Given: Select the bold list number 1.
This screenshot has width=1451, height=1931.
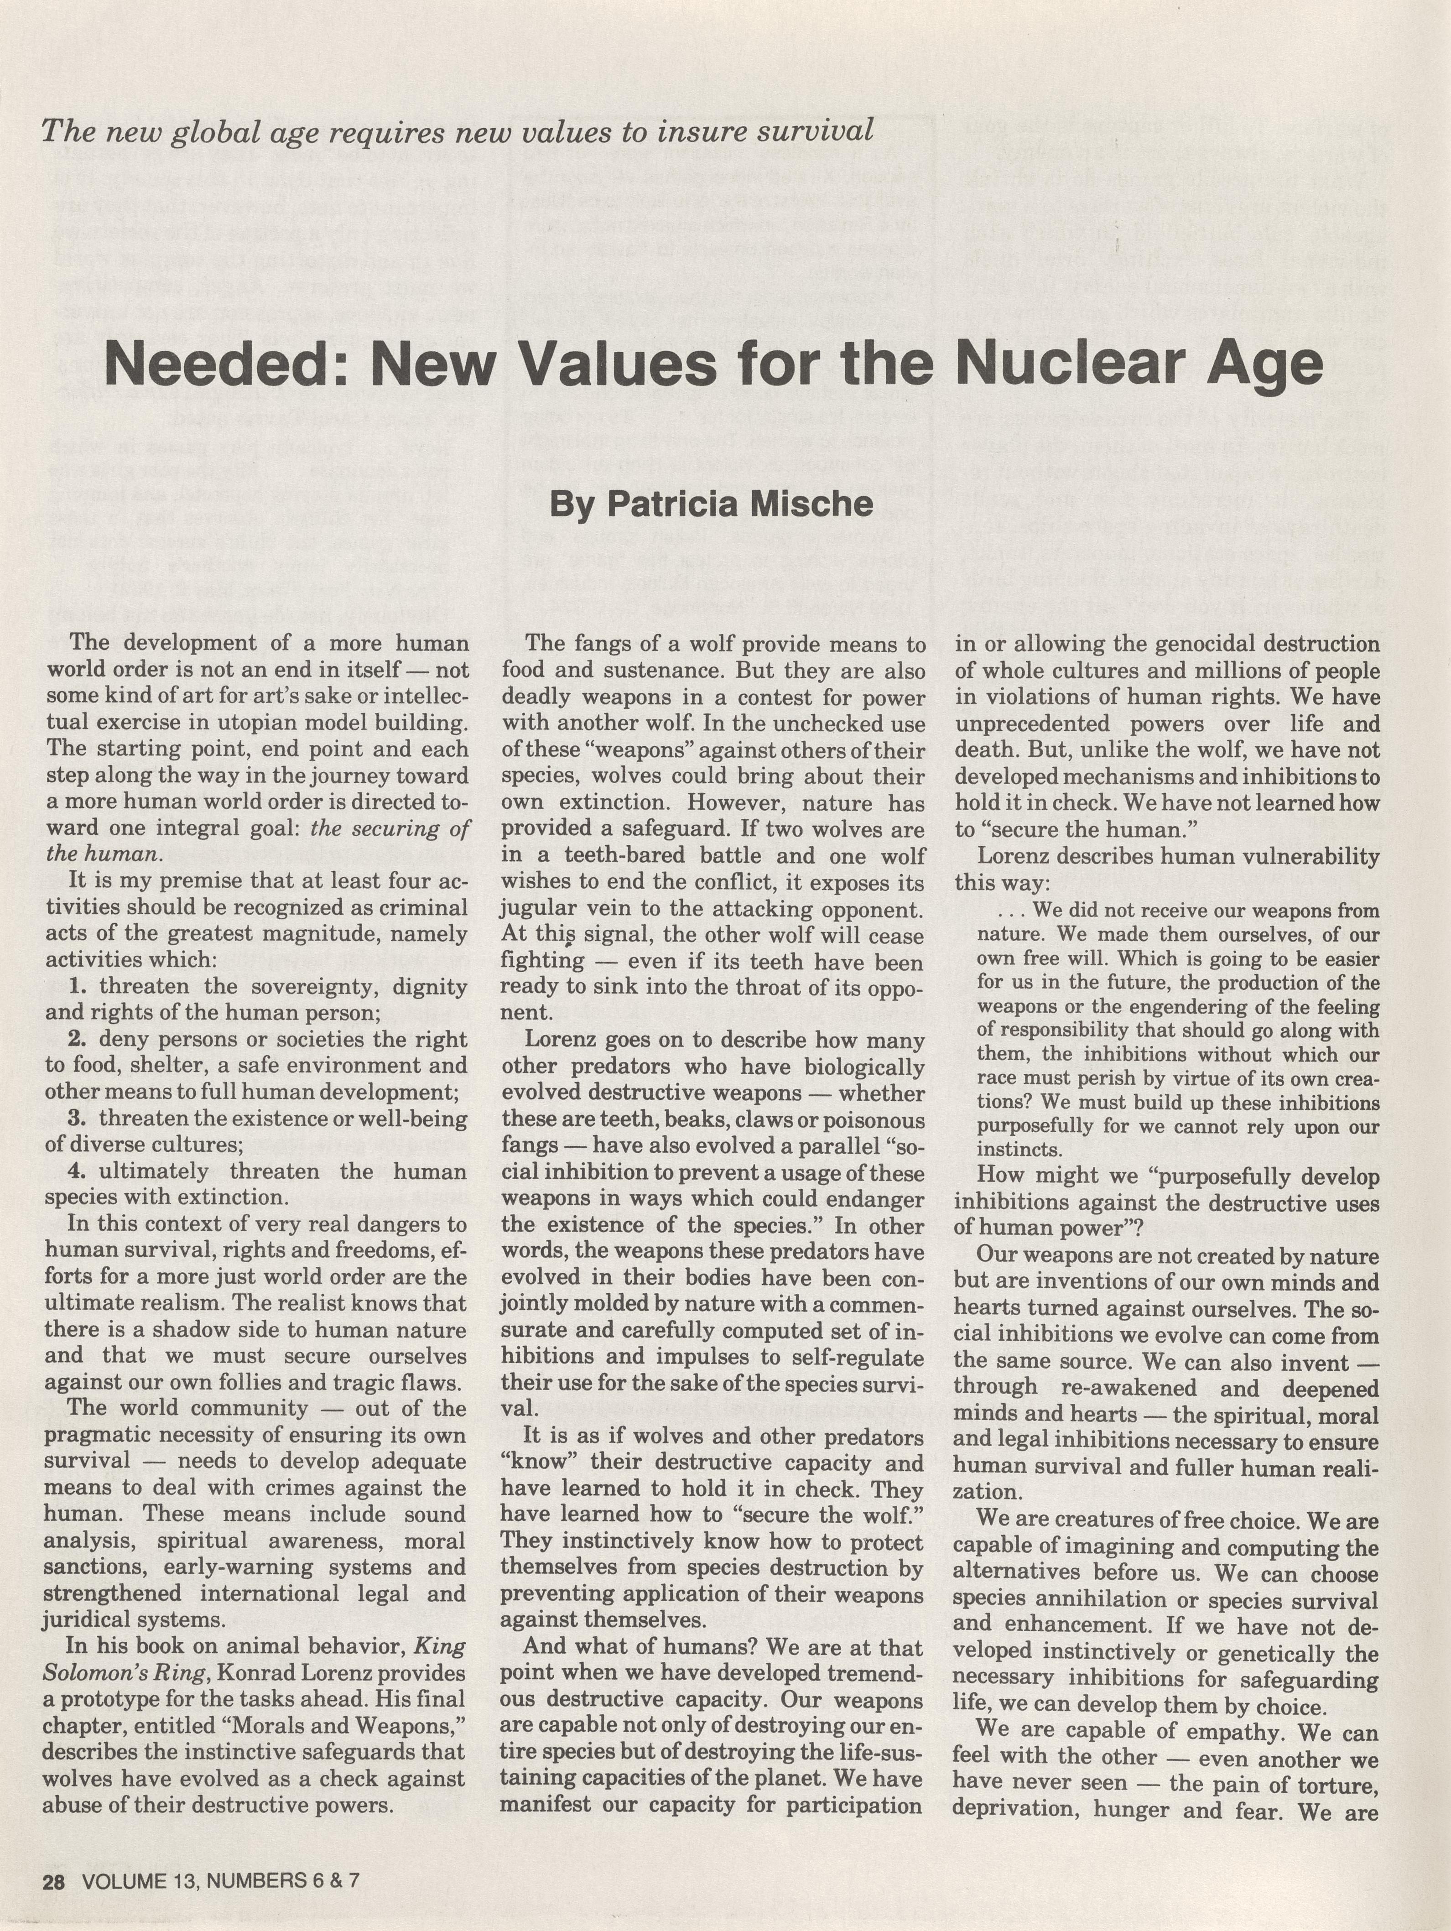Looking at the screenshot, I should (78, 986).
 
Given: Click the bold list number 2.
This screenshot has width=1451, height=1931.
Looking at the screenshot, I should (78, 1039).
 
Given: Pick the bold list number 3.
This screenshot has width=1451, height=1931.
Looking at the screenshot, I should (78, 1118).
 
